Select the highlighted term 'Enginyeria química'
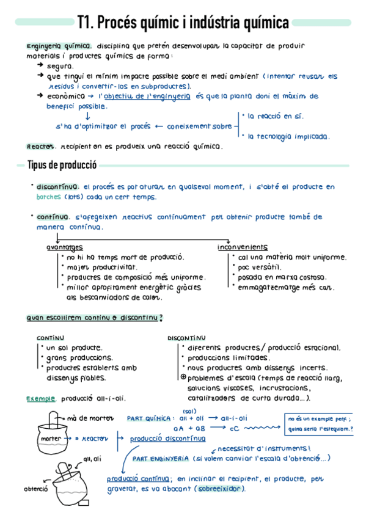tap(59, 46)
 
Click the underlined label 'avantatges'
tap(65, 247)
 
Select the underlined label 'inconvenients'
tap(242, 247)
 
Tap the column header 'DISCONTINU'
tap(186, 338)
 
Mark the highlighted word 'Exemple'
tap(41, 398)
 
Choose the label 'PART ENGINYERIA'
tap(161, 458)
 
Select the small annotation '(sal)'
tap(189, 410)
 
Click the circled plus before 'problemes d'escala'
tap(183, 378)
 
